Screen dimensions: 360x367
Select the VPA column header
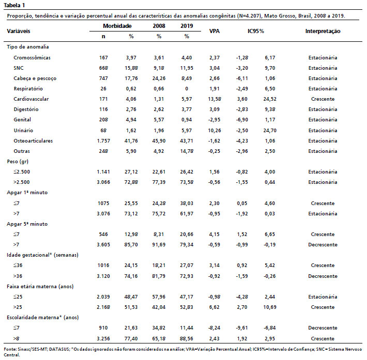pos(215,31)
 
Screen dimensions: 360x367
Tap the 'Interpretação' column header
pos(323,31)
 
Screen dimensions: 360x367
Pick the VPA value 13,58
pos(215,99)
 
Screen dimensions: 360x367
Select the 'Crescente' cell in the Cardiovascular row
pos(323,99)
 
